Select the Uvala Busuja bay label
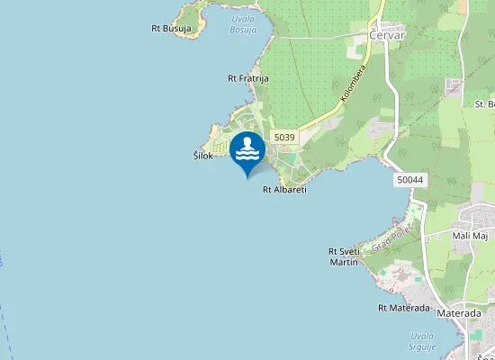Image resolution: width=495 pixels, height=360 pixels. pyautogui.click(x=242, y=24)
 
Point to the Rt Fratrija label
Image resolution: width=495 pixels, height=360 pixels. pyautogui.click(x=247, y=78)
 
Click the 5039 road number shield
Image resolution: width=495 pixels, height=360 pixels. pyautogui.click(x=284, y=137)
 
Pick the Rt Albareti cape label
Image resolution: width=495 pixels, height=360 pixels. pyautogui.click(x=284, y=190)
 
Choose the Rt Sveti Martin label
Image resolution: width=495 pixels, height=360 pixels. pyautogui.click(x=344, y=256)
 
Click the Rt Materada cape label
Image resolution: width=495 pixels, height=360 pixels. pyautogui.click(x=404, y=308)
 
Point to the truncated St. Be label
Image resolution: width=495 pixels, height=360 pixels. pyautogui.click(x=484, y=103)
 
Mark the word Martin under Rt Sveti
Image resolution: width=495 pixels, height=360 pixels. pyautogui.click(x=344, y=262)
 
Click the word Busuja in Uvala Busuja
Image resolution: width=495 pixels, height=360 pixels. pyautogui.click(x=242, y=30)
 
